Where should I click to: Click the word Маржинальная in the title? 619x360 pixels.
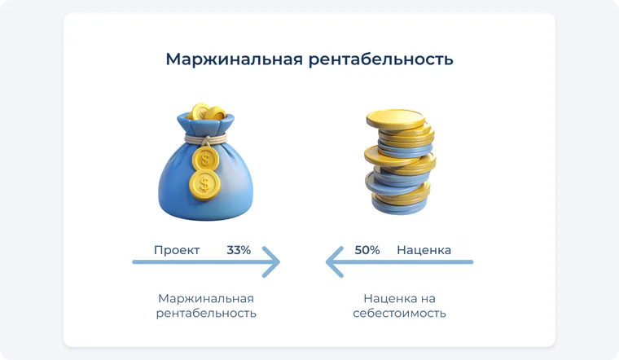point(235,59)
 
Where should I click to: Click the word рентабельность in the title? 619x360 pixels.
point(381,60)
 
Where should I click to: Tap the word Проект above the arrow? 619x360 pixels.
point(177,250)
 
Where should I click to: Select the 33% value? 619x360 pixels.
point(239,250)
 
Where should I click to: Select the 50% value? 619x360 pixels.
point(367,250)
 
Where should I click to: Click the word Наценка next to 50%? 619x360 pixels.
point(424,250)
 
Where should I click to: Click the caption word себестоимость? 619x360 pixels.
point(400,313)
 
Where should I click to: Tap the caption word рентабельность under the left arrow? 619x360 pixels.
point(206,314)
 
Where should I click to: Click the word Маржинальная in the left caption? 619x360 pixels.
point(206,298)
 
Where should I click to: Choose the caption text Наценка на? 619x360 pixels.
point(400,298)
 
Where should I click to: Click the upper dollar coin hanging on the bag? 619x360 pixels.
point(206,159)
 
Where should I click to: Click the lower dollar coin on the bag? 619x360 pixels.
point(204,184)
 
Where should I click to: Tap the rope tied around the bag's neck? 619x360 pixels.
point(205,139)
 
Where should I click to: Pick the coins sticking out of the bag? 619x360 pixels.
point(206,112)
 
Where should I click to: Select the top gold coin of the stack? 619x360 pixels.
point(395,119)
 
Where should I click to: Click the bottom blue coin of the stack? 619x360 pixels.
point(399,206)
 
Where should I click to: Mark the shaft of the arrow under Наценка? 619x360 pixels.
point(399,261)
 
